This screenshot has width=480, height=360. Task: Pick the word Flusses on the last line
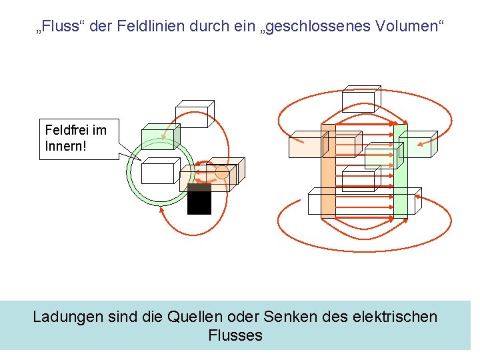pos(235,335)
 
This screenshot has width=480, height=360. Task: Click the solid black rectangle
pos(199,199)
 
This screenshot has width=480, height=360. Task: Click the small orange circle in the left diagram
pos(222,172)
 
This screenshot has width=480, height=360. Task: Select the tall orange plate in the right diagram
pos(327,171)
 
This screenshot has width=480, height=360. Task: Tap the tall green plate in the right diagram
pos(401,171)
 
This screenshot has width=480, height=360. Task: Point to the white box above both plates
pos(360,99)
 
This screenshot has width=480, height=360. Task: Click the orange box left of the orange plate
pos(307,145)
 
